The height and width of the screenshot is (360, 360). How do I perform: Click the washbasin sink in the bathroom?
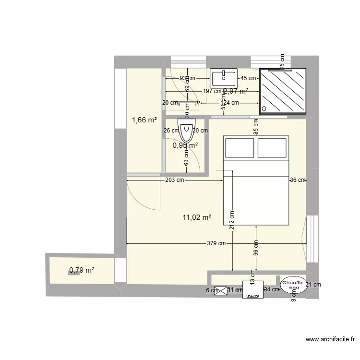coord(223,77)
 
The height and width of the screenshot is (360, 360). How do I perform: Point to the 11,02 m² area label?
coord(197,217)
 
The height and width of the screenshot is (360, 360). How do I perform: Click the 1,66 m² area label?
coord(144,120)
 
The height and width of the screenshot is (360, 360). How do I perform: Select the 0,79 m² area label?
coord(82,270)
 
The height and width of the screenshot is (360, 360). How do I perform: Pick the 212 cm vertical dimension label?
coord(232,220)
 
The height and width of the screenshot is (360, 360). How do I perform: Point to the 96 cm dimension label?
coord(255,250)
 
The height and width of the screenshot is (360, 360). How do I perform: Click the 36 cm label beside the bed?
coord(297,180)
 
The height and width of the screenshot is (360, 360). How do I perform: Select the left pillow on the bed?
coord(240,148)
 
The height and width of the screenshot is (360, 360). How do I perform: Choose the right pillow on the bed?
coord(272,148)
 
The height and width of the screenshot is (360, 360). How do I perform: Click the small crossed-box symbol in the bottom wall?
coord(221,290)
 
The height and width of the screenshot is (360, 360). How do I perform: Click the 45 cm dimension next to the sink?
coord(248,78)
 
